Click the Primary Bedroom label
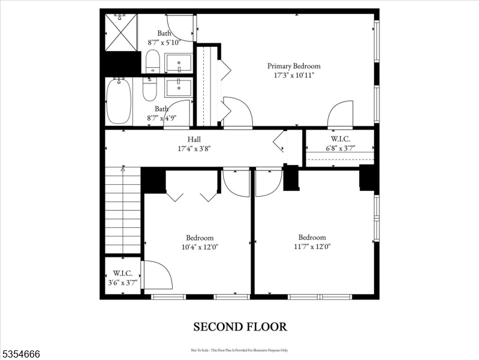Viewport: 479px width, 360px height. (294, 66)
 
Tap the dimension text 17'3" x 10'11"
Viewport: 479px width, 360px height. (294, 76)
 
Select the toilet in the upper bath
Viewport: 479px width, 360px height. (153, 61)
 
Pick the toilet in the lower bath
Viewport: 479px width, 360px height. (149, 89)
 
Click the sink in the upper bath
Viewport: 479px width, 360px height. (178, 63)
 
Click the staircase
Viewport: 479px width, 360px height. (123, 210)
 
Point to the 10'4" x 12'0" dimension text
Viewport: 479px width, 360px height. (199, 247)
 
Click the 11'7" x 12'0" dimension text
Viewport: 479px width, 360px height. (312, 246)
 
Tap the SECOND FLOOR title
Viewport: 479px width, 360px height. (239, 327)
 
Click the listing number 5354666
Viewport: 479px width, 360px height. (21, 354)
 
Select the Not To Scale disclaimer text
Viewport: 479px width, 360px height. (239, 350)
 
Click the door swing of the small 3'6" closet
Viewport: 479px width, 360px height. (158, 274)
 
